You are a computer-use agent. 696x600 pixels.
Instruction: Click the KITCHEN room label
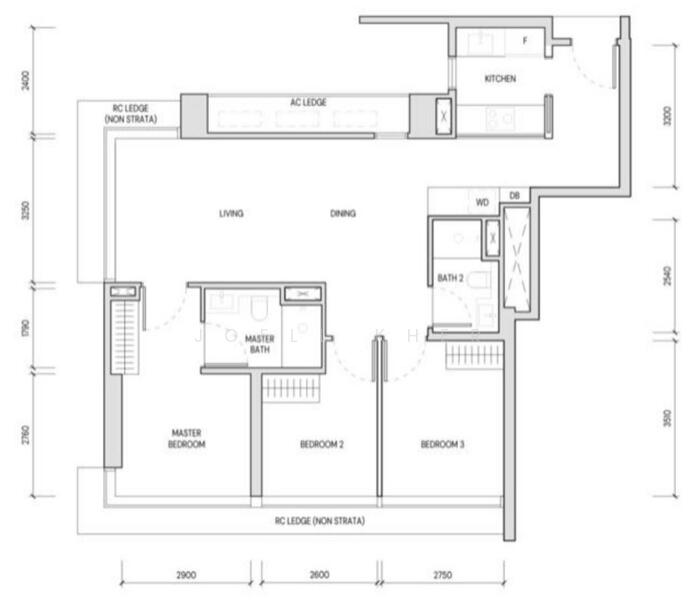[x=500, y=78]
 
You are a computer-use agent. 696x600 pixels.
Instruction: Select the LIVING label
[x=231, y=213]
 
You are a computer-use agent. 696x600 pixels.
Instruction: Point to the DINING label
[x=343, y=213]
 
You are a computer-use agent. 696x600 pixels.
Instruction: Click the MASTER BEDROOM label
[x=187, y=438]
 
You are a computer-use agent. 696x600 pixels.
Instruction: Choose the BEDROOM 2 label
[x=322, y=444]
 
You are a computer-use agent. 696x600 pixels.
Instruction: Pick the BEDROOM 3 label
[x=442, y=444]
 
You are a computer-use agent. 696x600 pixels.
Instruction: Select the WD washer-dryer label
[x=482, y=201]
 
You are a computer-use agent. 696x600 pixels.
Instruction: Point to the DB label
[x=514, y=197]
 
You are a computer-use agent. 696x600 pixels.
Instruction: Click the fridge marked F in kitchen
[x=524, y=42]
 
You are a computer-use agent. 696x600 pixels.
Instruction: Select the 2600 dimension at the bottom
[x=318, y=575]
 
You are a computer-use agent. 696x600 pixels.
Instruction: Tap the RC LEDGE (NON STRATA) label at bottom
[x=320, y=521]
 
